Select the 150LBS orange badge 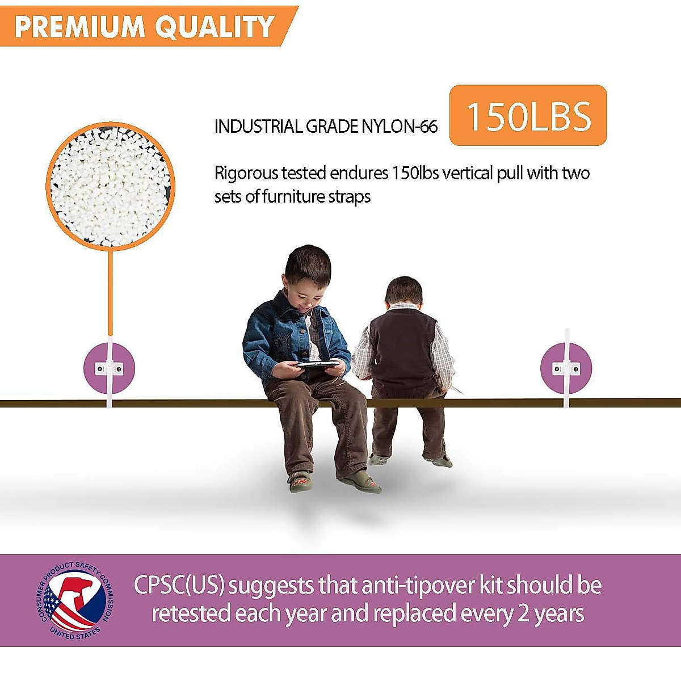click(528, 115)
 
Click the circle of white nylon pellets click(111, 186)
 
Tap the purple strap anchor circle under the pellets click(109, 369)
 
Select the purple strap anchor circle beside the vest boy click(566, 369)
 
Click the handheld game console click(317, 364)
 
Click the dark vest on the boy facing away click(403, 352)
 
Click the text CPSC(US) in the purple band click(179, 586)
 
